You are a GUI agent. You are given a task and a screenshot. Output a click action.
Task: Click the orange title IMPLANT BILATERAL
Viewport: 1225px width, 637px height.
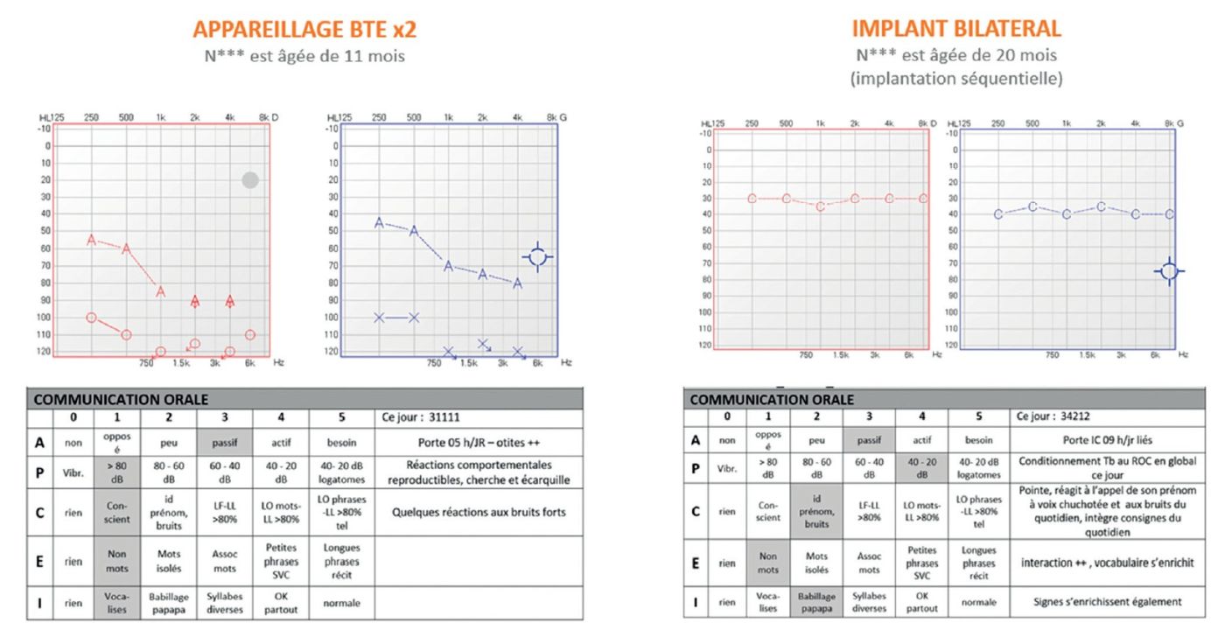[x=956, y=29]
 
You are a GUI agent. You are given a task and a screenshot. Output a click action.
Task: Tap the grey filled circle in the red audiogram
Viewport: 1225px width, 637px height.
[x=250, y=180]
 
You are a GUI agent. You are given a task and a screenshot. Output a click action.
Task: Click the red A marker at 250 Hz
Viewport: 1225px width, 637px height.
[x=91, y=239]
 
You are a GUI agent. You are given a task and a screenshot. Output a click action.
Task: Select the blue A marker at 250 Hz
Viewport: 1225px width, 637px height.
[x=379, y=222]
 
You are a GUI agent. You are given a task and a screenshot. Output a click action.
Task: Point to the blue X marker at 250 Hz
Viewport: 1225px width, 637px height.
[x=379, y=317]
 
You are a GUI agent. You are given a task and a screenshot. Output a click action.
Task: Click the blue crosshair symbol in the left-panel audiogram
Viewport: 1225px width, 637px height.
[x=538, y=256]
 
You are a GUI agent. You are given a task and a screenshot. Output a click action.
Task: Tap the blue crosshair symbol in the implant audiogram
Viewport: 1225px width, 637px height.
[x=1169, y=271]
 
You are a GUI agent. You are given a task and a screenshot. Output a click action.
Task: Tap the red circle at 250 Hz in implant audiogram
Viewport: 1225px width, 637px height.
[x=752, y=199]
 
